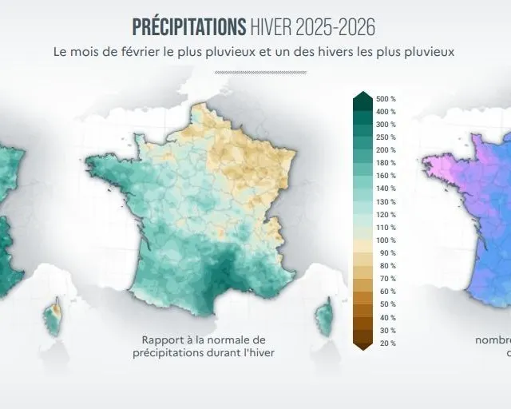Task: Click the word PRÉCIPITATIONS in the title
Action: coord(188,26)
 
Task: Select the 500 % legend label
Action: coord(386,99)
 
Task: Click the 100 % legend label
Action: coord(386,240)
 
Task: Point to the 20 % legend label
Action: coord(386,343)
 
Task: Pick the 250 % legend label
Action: coord(386,137)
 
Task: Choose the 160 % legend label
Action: coord(386,176)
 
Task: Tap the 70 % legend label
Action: coord(386,279)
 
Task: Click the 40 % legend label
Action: coord(386,317)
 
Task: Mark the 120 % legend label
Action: coord(386,214)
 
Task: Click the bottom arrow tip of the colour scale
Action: coord(362,348)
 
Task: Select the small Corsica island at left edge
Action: coord(53,317)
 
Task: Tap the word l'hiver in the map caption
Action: coord(257,352)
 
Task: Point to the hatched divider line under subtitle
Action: coord(260,72)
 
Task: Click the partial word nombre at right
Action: coord(493,340)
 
